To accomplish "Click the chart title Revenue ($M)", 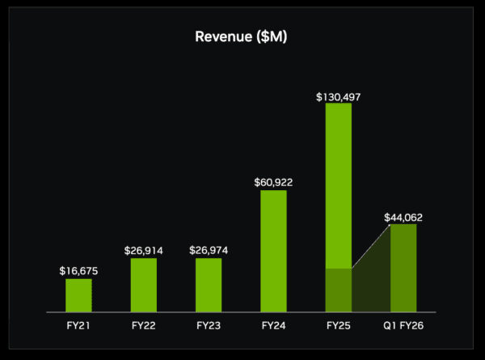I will (242, 37).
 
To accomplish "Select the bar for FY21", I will (78, 295).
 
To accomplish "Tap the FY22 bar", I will (144, 285).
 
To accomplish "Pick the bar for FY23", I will (209, 285).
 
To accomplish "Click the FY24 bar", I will (273, 251).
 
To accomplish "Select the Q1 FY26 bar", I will (403, 268).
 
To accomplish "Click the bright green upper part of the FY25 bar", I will (339, 186).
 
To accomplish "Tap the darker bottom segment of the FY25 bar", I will (339, 290).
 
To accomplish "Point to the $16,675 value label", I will (78, 271).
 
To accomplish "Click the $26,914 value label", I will (144, 250).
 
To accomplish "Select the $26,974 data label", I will (209, 250).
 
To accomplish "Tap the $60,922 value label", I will (273, 182).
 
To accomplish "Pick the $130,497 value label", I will (339, 96).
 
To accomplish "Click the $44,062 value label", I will (403, 217).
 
